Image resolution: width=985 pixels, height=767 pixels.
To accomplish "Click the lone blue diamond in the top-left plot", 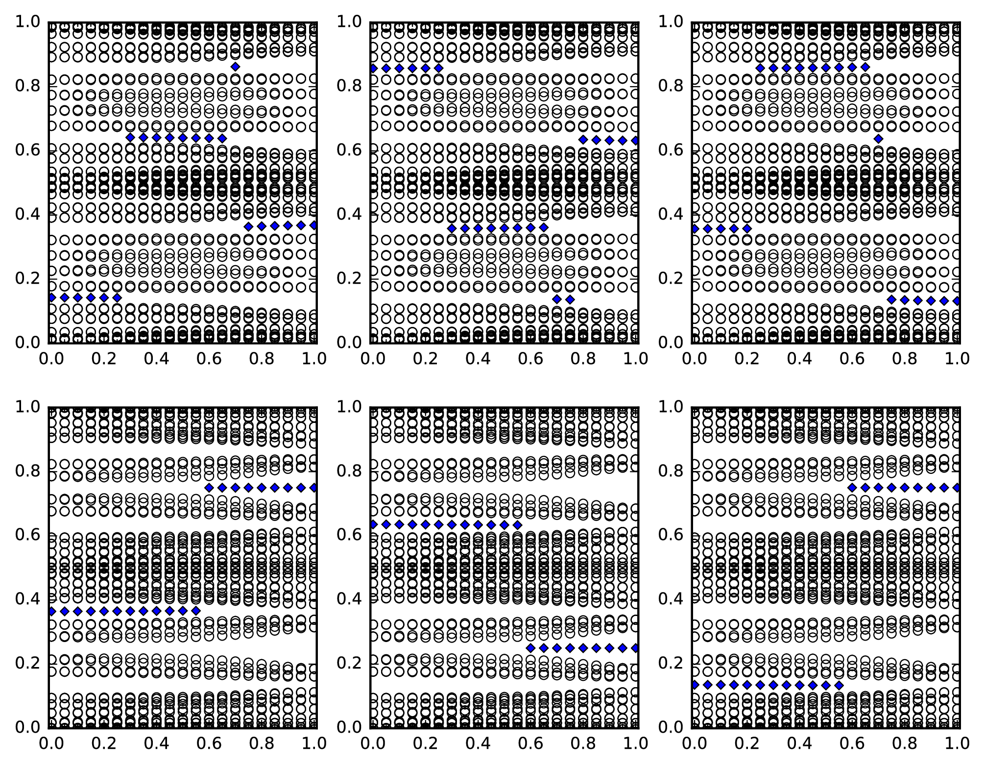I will (236, 67).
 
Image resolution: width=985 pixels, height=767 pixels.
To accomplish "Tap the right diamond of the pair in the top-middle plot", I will (570, 299).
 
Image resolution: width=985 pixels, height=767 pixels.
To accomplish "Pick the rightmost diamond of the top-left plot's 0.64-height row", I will (222, 138).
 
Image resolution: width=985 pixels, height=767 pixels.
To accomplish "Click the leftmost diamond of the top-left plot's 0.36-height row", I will (248, 226).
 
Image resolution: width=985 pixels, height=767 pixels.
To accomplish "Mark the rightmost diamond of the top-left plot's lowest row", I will (117, 297).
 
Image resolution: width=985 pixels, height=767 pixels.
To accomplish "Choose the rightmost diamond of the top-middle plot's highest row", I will (439, 68).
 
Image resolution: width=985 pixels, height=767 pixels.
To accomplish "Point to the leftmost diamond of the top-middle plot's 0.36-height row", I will (452, 228).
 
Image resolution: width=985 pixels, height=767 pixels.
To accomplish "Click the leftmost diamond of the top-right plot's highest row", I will (760, 68).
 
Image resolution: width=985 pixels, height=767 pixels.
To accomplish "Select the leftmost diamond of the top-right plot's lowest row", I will (891, 299).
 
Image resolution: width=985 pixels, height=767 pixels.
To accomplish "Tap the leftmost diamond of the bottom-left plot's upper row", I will (209, 488).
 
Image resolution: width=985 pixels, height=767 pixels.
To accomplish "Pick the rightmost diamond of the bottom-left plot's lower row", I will (196, 611).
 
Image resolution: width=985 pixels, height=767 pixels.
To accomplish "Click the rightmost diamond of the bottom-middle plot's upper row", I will (518, 525).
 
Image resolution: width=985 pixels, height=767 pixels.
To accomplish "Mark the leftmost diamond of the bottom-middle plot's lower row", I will (530, 648).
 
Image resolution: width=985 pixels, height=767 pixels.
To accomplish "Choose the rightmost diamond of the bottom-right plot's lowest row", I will (839, 685).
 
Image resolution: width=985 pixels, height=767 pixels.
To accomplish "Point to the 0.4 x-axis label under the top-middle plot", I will (477, 359).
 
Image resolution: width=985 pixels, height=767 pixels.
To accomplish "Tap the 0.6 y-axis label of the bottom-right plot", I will (672, 535).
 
